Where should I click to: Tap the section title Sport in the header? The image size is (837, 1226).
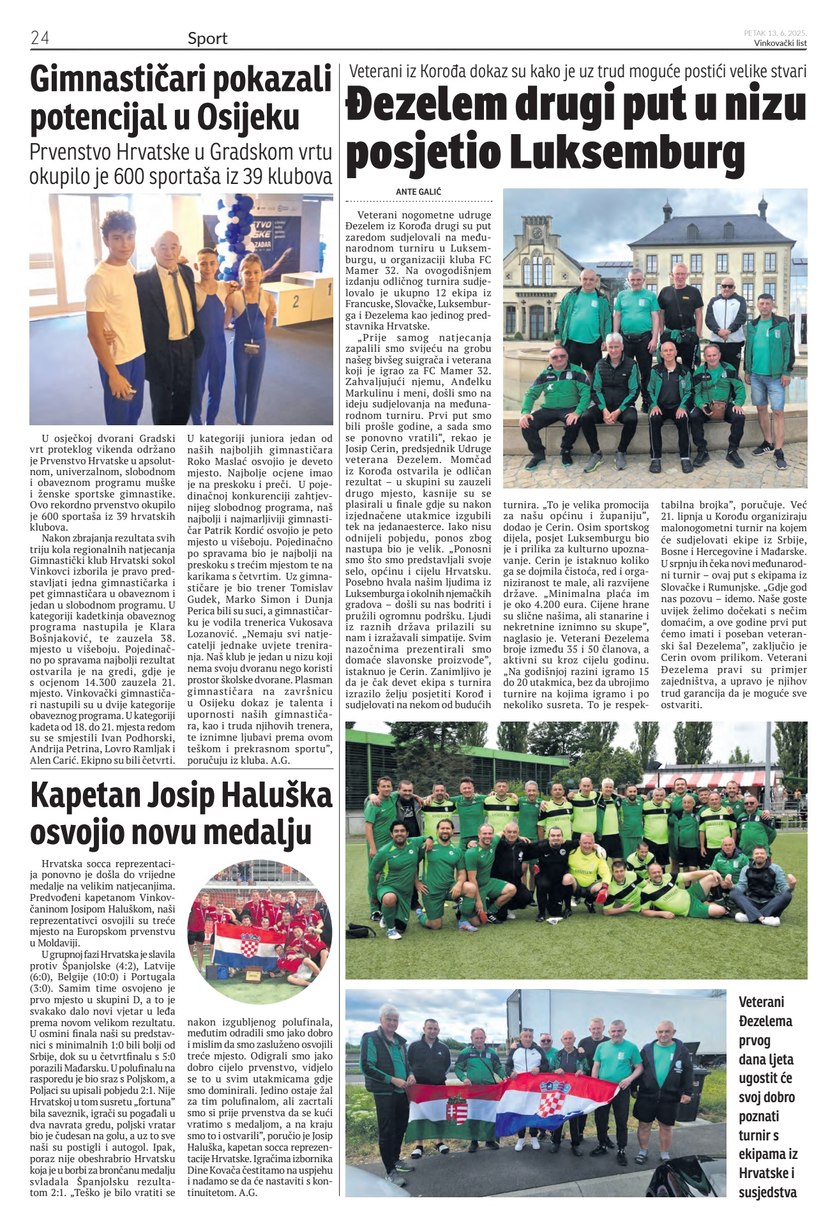click(x=207, y=38)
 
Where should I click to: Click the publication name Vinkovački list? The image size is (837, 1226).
click(x=780, y=43)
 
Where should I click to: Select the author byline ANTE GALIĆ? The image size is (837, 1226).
click(x=418, y=192)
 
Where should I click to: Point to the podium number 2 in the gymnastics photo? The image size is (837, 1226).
click(x=295, y=300)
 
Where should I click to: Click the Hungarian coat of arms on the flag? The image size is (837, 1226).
click(x=457, y=1109)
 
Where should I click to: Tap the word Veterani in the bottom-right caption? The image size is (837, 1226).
click(x=761, y=1002)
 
